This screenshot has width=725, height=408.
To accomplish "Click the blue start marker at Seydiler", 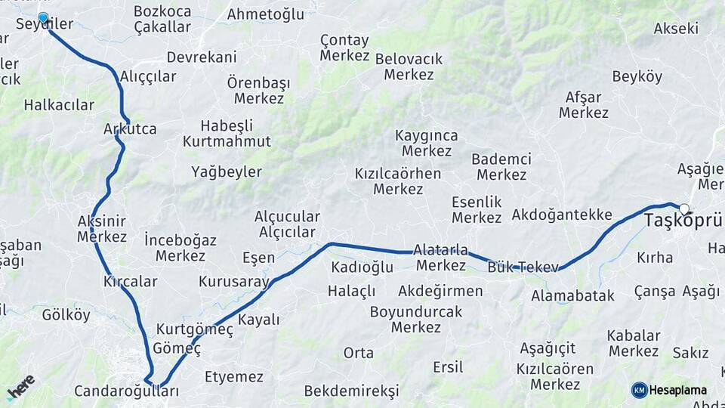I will (43, 17).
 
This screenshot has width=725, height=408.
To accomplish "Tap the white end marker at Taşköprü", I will (683, 209).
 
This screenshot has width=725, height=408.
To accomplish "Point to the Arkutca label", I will (130, 129).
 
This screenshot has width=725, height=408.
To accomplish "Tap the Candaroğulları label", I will (127, 391).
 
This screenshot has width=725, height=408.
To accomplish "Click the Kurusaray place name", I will (234, 282).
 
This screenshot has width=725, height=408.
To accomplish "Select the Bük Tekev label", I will (523, 267).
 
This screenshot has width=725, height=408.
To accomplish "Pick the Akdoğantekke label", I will (562, 215).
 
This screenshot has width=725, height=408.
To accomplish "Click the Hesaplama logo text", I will (677, 390).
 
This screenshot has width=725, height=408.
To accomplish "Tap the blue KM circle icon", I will (639, 390).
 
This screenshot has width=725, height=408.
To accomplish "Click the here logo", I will (21, 387).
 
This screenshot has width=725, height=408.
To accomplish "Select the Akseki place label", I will (676, 29).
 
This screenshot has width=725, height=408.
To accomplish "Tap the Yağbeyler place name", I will (227, 171).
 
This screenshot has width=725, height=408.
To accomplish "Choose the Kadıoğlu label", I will (362, 267).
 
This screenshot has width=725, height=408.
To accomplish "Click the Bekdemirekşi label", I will (351, 391).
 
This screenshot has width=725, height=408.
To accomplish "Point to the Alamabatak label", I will (572, 295).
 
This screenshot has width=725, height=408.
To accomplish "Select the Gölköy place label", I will (66, 315).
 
